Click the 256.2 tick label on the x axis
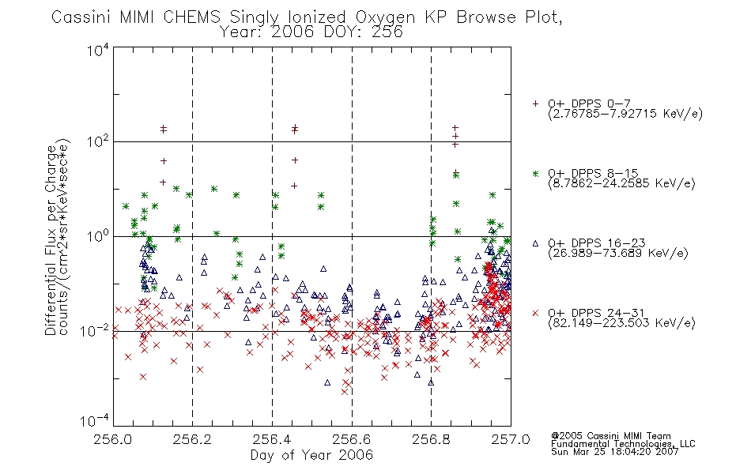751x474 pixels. tap(192, 439)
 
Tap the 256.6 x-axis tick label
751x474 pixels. tap(352, 439)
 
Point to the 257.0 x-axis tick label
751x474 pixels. tap(511, 439)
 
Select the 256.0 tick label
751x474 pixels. tap(113, 439)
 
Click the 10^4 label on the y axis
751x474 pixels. tap(98, 51)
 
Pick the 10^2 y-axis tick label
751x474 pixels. tap(98, 142)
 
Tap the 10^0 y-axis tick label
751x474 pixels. tap(98, 236)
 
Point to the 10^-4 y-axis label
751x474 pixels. tap(95, 421)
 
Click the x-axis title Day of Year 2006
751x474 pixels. tap(311, 455)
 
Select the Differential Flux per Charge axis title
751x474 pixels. tap(51, 240)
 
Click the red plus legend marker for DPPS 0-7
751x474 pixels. tap(535, 103)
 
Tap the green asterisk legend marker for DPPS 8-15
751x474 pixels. tap(535, 174)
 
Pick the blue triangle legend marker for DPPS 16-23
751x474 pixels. tap(535, 243)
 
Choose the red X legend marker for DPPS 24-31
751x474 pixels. tap(535, 313)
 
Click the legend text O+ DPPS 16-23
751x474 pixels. tap(597, 243)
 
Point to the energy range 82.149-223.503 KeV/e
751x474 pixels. tap(621, 323)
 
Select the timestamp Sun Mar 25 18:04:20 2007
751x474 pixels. tap(615, 452)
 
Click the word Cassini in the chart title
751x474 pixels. tap(81, 17)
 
